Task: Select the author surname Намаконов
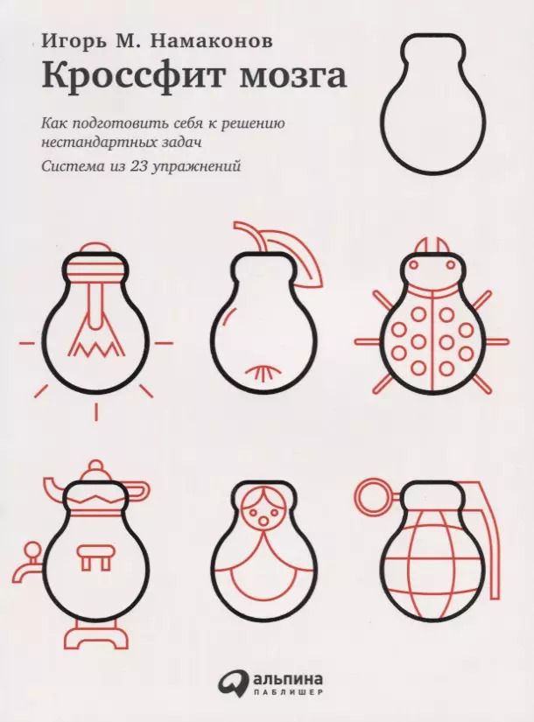(212, 40)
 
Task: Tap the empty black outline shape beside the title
(435, 104)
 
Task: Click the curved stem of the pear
(251, 235)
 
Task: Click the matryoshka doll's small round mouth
(263, 522)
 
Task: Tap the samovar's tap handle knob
(32, 550)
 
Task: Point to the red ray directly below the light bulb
(96, 411)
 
